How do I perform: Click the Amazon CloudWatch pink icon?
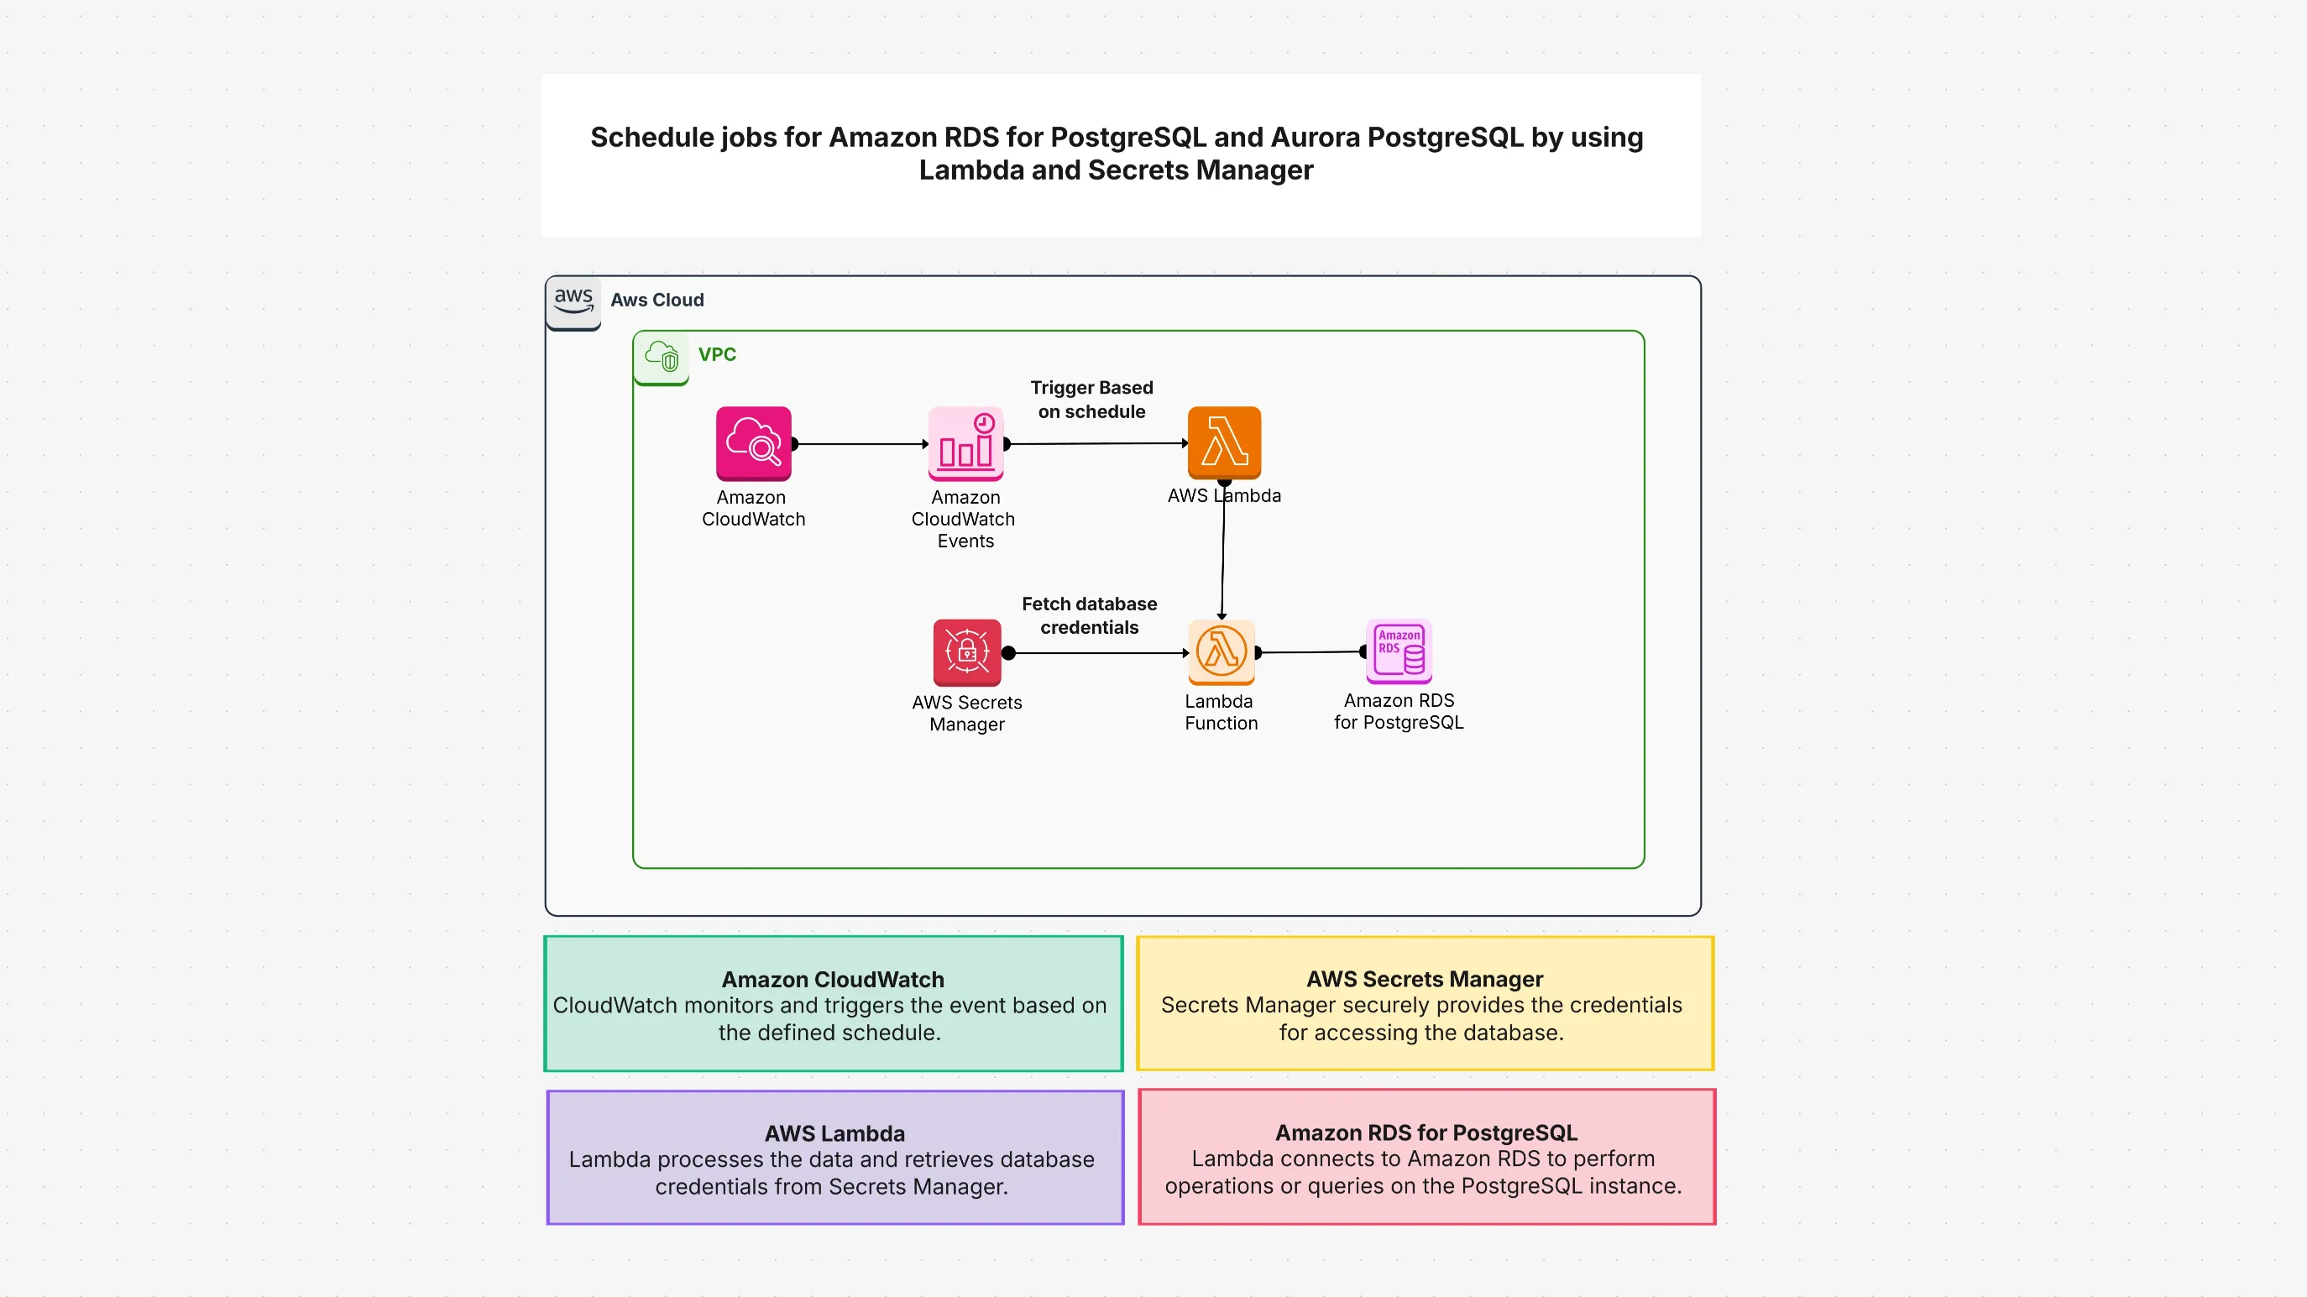coord(753,443)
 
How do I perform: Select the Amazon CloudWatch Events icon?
coord(965,443)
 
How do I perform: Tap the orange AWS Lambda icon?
coord(1224,442)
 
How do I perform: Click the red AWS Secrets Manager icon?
coord(967,652)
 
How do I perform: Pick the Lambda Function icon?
coord(1222,651)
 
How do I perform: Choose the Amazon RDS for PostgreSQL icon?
coord(1399,651)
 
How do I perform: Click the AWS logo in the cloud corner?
coord(573,301)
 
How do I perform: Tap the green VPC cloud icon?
coord(662,357)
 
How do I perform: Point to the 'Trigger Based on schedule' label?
coord(1091,400)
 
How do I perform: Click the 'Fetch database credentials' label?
coord(1089,615)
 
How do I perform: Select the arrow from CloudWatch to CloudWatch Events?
coord(860,444)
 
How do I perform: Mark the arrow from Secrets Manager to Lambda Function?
coord(1097,653)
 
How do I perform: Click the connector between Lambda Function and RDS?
coord(1310,652)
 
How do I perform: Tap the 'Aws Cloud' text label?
coord(657,300)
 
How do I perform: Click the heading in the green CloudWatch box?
coord(833,979)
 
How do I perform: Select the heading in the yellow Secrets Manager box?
coord(1424,979)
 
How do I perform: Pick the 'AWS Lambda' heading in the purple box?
coord(834,1133)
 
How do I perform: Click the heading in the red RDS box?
coord(1426,1132)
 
